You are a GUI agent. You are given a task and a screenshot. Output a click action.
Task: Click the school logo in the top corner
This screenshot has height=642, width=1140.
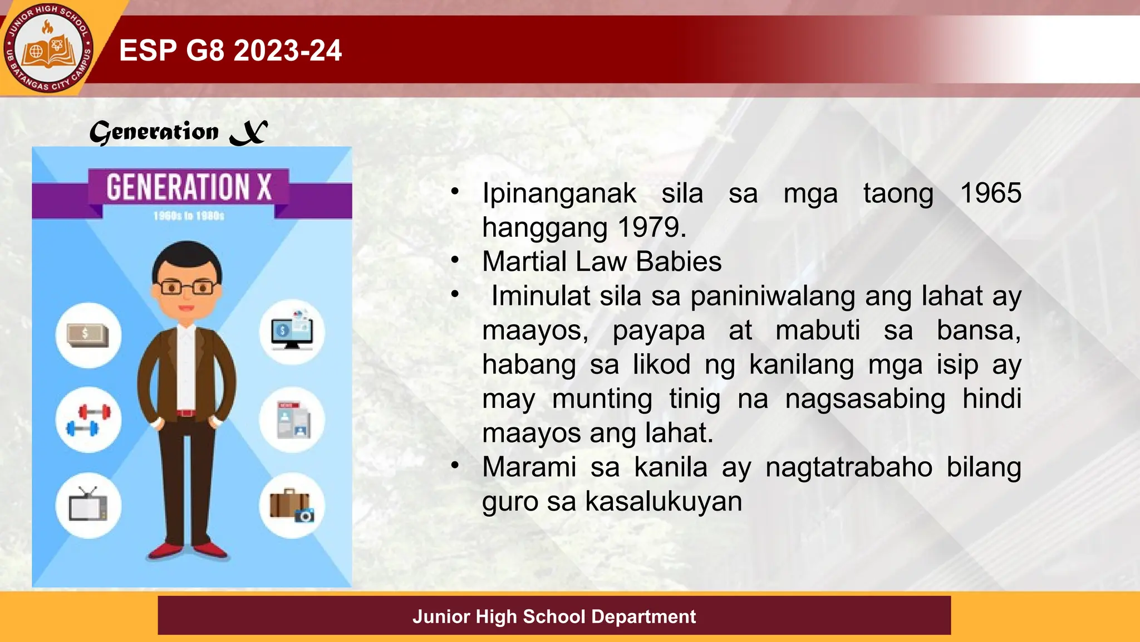48,48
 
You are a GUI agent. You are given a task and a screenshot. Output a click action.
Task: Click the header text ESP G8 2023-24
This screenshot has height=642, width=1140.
230,50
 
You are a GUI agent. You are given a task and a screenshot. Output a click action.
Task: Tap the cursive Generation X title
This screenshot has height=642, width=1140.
179,133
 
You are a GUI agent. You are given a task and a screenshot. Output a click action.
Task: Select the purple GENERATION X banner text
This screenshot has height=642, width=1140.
189,187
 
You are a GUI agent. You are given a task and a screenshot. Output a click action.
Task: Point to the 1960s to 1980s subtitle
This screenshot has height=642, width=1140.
189,216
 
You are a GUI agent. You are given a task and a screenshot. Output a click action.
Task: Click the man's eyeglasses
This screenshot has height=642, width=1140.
187,288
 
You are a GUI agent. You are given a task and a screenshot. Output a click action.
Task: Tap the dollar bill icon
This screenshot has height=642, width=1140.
88,335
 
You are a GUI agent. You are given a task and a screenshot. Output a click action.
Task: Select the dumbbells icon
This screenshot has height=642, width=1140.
88,420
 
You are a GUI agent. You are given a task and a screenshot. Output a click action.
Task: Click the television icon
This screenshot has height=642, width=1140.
88,505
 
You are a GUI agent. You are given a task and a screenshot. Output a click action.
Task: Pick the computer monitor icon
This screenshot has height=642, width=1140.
292,332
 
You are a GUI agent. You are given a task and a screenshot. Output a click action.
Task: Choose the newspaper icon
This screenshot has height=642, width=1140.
293,420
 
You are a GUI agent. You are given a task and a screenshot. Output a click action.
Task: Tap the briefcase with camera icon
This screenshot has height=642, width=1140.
292,505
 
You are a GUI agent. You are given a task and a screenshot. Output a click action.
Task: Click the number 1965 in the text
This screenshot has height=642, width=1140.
991,193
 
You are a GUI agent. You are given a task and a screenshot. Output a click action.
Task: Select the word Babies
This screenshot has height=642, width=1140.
679,261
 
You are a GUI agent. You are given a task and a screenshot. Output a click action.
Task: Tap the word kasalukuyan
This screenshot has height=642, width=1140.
664,501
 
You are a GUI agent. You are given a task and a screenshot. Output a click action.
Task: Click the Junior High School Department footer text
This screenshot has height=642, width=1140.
554,616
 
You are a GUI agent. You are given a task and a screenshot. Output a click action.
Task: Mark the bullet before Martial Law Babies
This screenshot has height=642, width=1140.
455,260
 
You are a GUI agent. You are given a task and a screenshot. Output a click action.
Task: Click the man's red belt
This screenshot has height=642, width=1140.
186,413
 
